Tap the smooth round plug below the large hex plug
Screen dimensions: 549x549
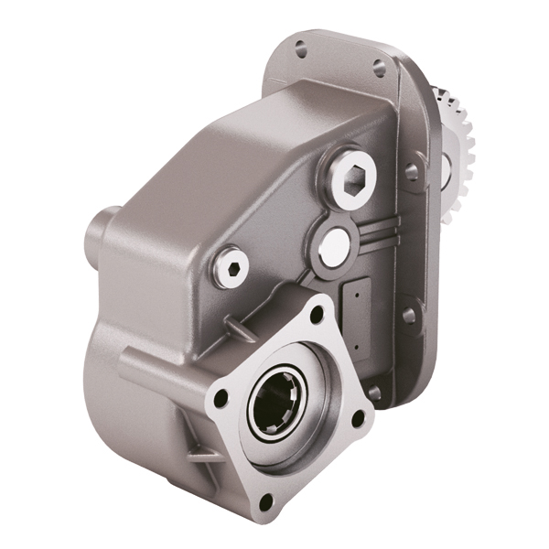[333, 242]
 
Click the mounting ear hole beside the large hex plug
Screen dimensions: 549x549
[412, 171]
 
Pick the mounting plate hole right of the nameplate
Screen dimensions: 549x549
[409, 315]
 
